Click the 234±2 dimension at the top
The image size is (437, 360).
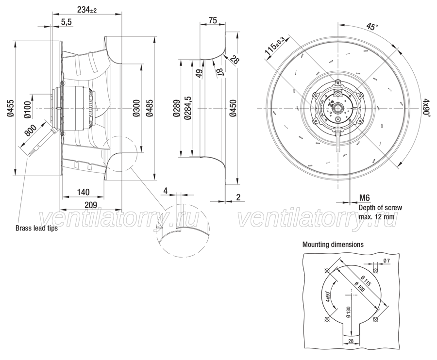(x=87, y=10)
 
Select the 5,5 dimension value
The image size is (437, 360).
(x=67, y=22)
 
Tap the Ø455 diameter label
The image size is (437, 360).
(x=10, y=108)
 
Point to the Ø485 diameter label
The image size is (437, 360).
(x=149, y=108)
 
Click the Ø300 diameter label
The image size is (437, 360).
(x=136, y=108)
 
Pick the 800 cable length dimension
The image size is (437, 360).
(x=31, y=131)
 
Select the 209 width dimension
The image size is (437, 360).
(x=91, y=205)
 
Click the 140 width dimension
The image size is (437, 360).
(x=83, y=192)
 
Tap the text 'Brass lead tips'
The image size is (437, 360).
(x=36, y=228)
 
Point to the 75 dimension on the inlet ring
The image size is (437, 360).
(x=212, y=20)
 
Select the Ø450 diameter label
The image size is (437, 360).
(x=233, y=108)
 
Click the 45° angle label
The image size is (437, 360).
(x=372, y=27)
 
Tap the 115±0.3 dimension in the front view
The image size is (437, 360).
(x=274, y=46)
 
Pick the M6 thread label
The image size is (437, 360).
(x=364, y=198)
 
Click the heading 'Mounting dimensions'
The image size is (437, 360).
(x=333, y=245)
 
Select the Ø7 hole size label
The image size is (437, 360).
(x=387, y=261)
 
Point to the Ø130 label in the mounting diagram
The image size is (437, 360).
(x=348, y=312)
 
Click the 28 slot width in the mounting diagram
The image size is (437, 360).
(x=351, y=341)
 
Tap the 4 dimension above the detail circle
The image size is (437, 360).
(x=166, y=191)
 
